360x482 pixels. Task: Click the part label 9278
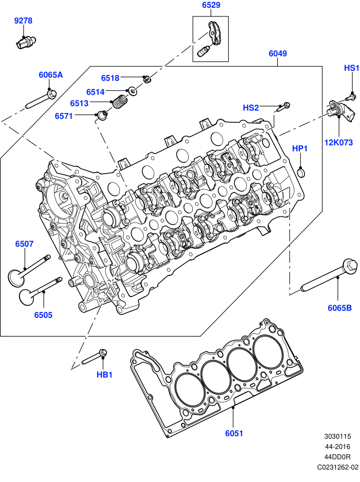point(23,21)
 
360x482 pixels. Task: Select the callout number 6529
point(211,5)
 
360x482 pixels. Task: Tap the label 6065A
point(50,75)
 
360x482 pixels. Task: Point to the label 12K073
point(338,142)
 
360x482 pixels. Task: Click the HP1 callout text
point(300,149)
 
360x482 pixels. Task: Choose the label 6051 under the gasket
point(234,433)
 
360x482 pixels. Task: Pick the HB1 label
point(104,375)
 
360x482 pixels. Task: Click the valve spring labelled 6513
point(120,102)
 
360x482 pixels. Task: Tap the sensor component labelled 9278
point(25,42)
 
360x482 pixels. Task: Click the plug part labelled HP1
point(301,172)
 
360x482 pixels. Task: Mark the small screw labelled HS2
point(284,107)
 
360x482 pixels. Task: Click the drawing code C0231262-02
point(338,467)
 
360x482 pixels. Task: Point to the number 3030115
point(337,436)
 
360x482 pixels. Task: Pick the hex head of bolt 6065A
point(51,93)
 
